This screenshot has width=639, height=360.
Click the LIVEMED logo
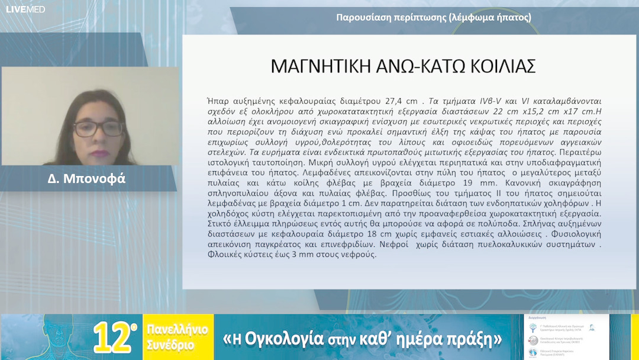pos(25,9)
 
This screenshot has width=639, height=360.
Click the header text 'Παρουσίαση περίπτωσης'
pos(385,17)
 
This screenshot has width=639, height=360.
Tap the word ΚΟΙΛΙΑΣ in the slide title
pos(503,66)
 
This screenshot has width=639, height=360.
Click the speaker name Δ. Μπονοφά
pos(87,178)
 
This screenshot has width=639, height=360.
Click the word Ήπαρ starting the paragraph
pos(218,101)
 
